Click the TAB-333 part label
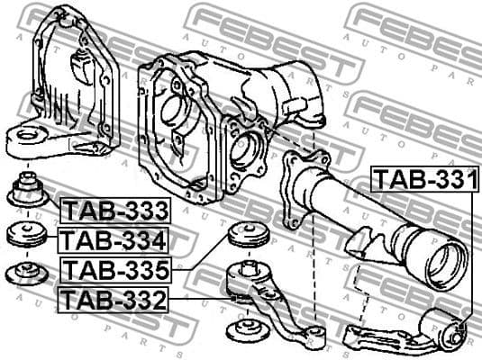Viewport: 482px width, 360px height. [115, 211]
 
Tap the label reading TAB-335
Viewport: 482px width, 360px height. [115, 269]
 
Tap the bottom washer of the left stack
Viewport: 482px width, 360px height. [27, 273]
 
